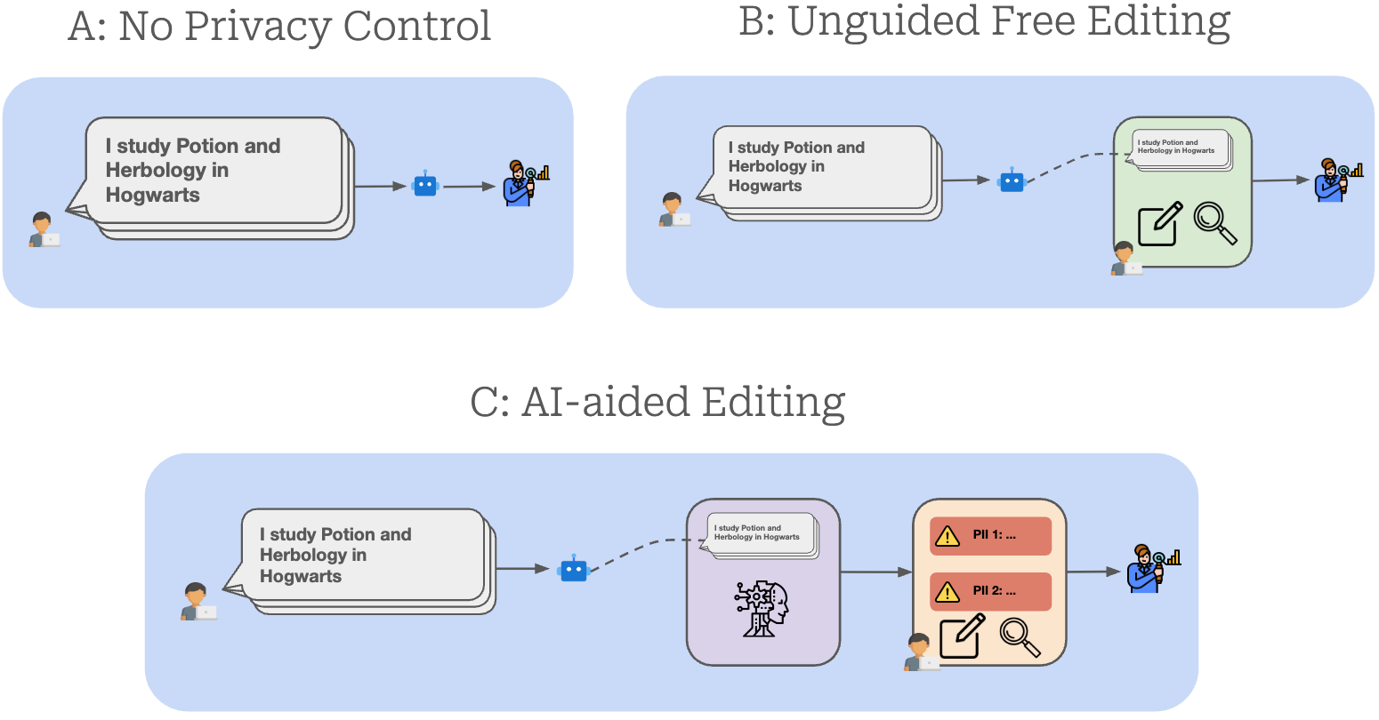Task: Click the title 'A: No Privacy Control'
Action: pos(279,27)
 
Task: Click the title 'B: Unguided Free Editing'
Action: pos(984,21)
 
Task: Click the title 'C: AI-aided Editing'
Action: pos(657,403)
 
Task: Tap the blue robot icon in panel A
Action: pos(425,185)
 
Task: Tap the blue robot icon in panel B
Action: pos(1012,180)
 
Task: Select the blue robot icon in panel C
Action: pos(574,569)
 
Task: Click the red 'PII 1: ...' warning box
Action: pos(990,536)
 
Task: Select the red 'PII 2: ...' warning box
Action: pos(990,591)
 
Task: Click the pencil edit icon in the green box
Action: pos(1160,224)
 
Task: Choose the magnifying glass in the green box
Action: pos(1214,222)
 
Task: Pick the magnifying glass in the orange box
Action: pos(1020,636)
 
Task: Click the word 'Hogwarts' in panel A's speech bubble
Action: pos(152,195)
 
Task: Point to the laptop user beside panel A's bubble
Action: pos(43,230)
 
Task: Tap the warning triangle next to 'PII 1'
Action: pos(948,536)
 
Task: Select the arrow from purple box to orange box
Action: pos(876,572)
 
